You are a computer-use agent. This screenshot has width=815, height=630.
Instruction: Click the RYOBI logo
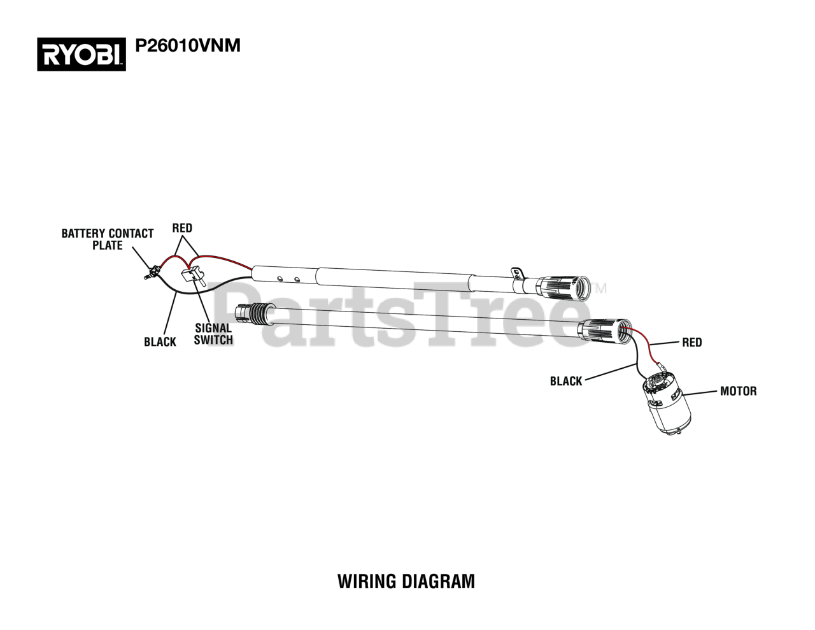pos(81,54)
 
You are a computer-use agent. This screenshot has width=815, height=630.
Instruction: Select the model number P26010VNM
pos(188,46)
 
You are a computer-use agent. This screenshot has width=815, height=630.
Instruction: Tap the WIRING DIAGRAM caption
pos(406,581)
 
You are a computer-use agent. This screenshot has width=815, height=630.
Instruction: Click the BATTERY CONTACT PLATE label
pos(108,239)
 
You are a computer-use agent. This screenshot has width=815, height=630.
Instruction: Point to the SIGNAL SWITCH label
pos(213,334)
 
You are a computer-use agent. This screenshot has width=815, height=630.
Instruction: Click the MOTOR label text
pos(738,390)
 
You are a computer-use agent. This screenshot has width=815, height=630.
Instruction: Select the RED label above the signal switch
pos(182,228)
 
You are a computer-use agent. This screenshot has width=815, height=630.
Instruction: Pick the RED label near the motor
pos(691,342)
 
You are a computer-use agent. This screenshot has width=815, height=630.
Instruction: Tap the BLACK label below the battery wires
pos(160,342)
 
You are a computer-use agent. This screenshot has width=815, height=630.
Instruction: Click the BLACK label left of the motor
pos(566,381)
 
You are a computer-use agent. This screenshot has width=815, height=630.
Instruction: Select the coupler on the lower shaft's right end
pos(602,331)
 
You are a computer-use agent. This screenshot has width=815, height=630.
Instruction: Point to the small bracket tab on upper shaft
pos(517,273)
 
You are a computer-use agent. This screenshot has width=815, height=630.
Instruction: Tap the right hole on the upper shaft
pos(297,278)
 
